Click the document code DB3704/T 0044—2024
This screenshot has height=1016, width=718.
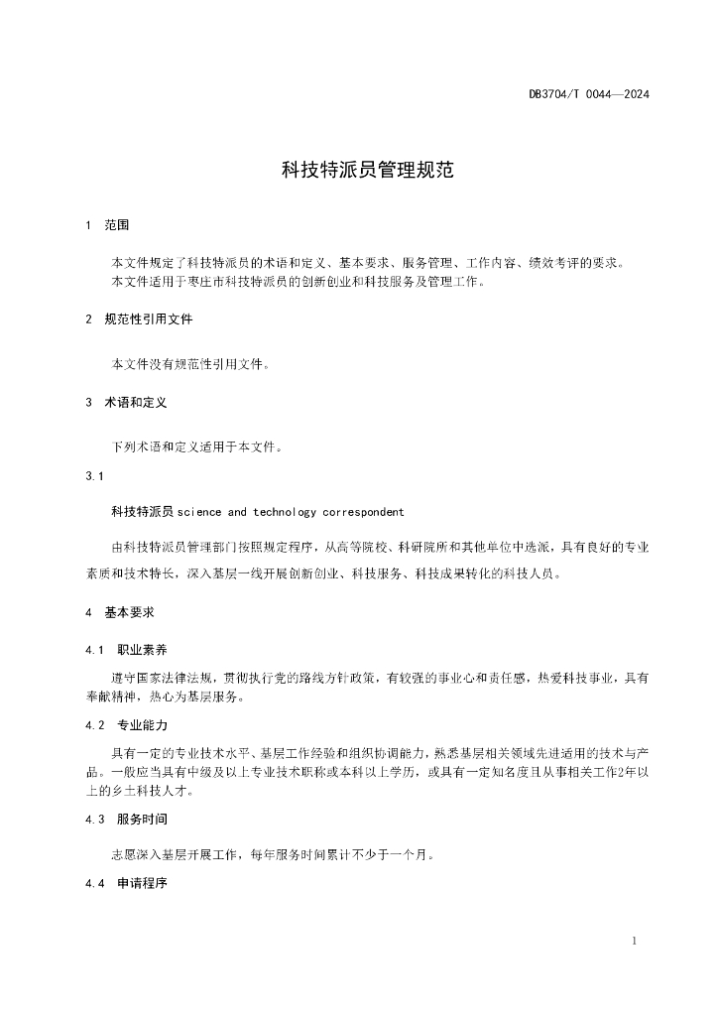(589, 94)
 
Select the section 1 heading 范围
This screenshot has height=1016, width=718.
(117, 226)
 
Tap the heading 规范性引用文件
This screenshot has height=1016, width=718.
(149, 319)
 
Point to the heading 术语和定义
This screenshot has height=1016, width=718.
(136, 403)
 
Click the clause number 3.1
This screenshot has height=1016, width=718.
(95, 476)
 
